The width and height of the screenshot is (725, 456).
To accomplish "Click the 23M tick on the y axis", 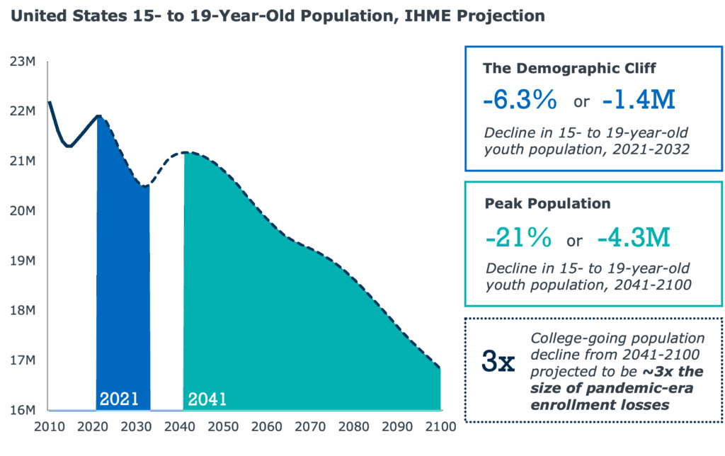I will pos(22,62).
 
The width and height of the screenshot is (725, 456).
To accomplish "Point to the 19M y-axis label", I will pos(22,261).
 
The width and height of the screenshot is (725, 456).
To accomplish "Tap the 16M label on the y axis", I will pos(22,410).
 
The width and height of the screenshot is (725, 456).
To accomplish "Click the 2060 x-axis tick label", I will pos(266,427).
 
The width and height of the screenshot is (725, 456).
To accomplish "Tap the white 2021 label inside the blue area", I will pos(119,399).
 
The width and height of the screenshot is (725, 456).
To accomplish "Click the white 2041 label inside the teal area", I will pos(207,399).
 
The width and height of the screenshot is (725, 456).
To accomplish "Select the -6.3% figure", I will pos(520,100).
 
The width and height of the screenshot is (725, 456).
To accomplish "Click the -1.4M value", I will pos(639,100).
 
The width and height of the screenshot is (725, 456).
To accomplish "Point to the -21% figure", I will pos(518,237).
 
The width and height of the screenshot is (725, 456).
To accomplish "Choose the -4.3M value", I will pos(634,237).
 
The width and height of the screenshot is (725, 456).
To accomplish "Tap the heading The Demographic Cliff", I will pos(569,68).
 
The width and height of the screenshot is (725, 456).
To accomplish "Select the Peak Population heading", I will pos(547,204).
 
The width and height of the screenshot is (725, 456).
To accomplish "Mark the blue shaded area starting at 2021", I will pos(124,283).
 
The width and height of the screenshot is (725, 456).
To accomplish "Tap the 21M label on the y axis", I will pos(22,161).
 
